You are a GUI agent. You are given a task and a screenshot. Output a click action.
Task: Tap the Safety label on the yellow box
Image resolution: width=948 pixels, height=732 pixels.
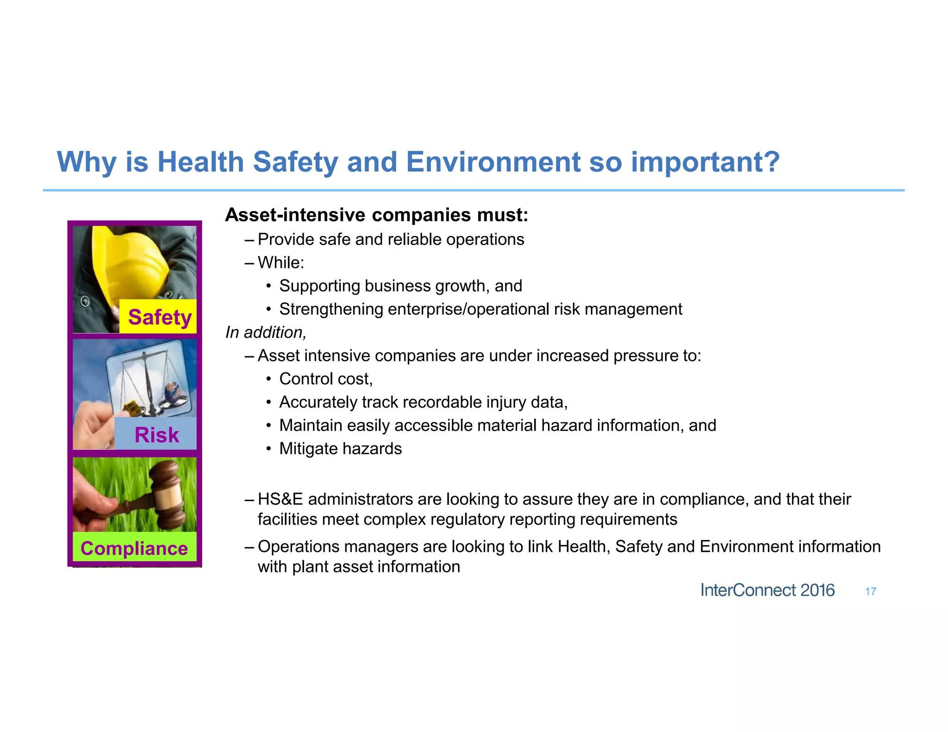point(159,317)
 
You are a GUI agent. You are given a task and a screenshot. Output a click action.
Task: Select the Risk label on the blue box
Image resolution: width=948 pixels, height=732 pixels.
point(156,435)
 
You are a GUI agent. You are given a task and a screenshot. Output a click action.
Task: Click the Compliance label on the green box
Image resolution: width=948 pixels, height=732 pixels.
point(134,548)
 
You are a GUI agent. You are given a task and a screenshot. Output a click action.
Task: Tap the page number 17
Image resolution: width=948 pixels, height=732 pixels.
point(870,591)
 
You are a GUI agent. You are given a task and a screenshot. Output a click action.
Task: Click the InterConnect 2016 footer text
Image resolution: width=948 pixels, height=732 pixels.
point(767,590)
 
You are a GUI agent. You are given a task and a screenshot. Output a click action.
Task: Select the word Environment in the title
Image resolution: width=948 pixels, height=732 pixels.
point(493,162)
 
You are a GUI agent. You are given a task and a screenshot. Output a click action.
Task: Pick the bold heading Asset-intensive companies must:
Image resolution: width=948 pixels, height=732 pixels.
point(376,215)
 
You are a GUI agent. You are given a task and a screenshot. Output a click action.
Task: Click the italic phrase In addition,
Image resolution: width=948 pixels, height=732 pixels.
point(265,332)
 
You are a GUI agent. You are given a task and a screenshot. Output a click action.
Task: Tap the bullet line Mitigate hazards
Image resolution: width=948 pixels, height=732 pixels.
point(340,449)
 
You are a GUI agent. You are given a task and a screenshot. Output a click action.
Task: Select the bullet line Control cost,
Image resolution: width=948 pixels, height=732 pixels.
point(326,379)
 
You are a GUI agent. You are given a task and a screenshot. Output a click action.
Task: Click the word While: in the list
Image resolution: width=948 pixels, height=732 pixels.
point(281,263)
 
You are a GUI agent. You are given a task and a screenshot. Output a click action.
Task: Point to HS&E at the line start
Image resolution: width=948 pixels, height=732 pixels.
point(280,499)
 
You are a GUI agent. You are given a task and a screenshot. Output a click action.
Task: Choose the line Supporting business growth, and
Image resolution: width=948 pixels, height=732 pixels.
point(400,286)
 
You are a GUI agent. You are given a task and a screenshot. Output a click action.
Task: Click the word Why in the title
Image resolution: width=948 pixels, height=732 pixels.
point(86,162)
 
